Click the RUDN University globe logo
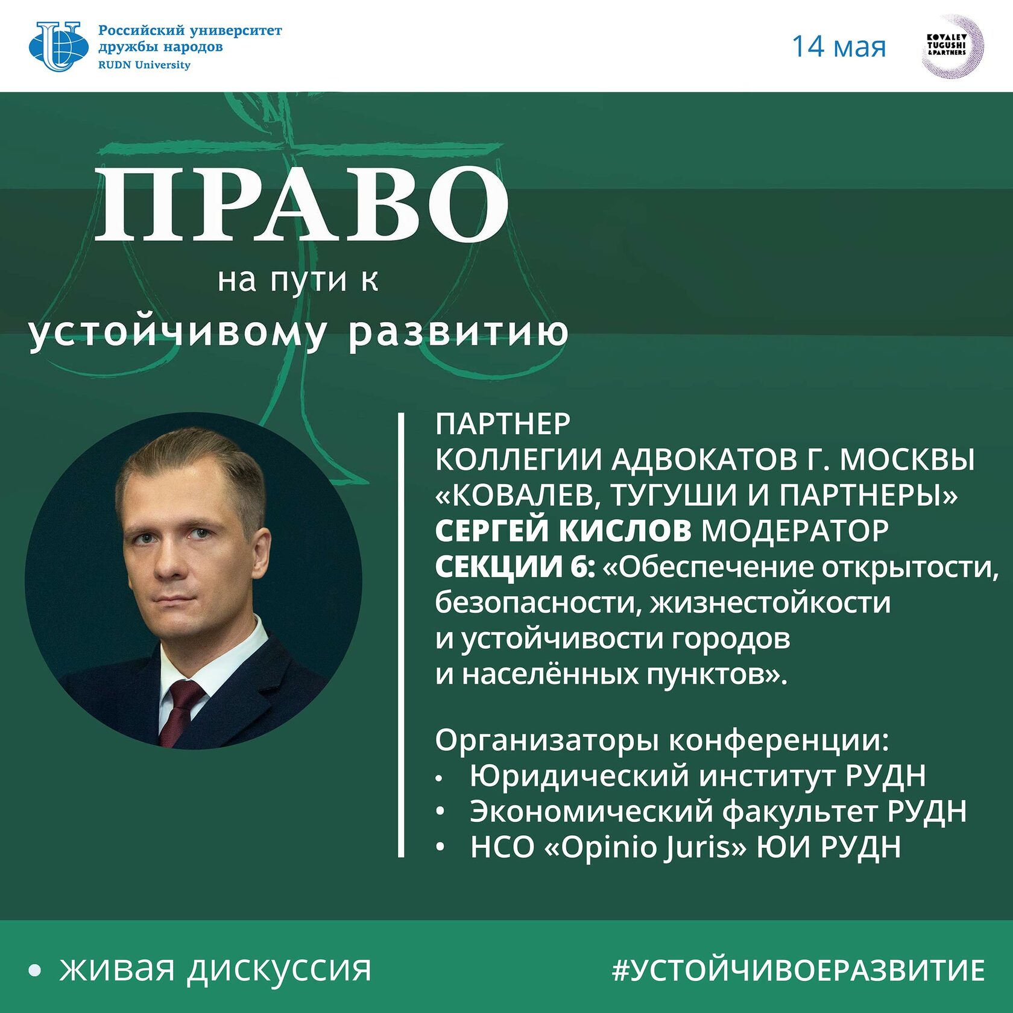click(58, 46)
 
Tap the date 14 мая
click(838, 47)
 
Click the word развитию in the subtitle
click(459, 332)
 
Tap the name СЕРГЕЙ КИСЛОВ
click(563, 531)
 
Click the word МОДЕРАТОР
click(795, 531)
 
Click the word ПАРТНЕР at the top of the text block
click(503, 424)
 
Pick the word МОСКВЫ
click(907, 460)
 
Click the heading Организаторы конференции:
click(662, 740)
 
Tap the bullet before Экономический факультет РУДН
click(441, 812)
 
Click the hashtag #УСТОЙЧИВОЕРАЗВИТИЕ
click(798, 970)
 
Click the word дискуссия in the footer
click(279, 970)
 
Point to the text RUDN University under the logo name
click(144, 65)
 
